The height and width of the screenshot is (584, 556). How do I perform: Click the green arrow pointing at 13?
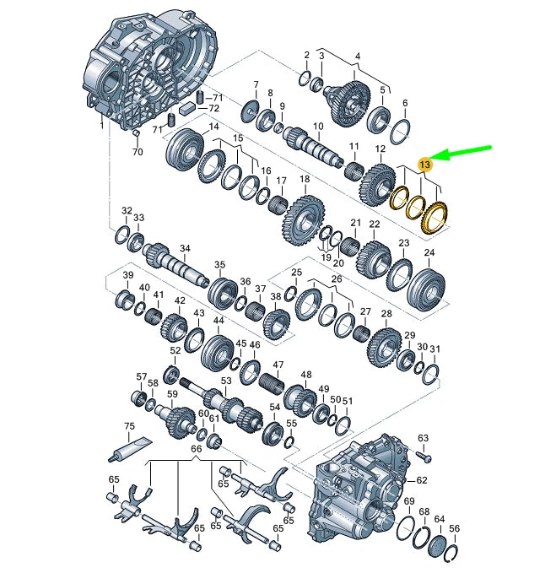[461, 154]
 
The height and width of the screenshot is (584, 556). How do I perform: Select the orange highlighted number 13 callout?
[425, 165]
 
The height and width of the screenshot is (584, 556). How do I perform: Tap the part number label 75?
[129, 426]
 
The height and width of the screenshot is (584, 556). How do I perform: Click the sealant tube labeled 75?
[130, 448]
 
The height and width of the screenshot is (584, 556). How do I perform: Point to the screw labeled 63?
[424, 456]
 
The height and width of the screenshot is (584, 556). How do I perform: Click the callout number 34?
[185, 248]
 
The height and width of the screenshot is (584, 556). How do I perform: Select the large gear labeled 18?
[304, 221]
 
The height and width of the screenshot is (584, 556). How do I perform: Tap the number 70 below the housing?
[138, 152]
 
